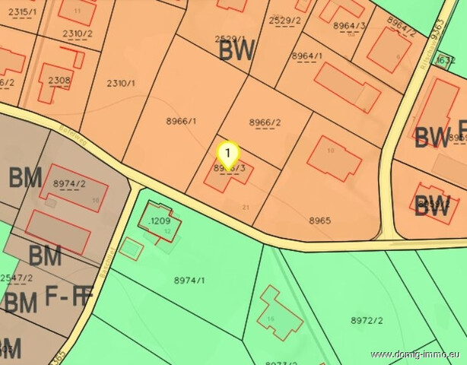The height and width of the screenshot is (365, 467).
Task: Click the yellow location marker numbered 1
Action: pos(228,153)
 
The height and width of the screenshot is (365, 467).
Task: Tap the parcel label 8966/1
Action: pos(181,121)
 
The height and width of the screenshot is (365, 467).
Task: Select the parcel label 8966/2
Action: pos(265,122)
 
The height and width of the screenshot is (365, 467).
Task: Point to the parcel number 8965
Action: pos(320,221)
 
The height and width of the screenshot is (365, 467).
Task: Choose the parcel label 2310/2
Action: pos(77,33)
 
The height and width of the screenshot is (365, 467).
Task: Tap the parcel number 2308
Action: pos(59,80)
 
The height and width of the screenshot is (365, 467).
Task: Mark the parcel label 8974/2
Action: pos(69,184)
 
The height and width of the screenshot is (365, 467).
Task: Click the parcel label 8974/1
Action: pos(189,281)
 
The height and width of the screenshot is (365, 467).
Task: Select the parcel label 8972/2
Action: pos(367,321)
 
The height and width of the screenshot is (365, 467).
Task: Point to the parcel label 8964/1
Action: pos(307,56)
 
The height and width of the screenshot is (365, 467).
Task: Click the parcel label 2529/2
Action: pos(285,21)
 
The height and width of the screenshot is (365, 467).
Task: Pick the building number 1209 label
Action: pos(160,221)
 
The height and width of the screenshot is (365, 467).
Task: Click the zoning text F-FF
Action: pos(69,297)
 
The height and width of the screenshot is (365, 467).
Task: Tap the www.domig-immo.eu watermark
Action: pos(416,355)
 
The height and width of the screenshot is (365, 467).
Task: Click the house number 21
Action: pos(245,207)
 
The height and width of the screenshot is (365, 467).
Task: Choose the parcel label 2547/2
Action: pos(16,279)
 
